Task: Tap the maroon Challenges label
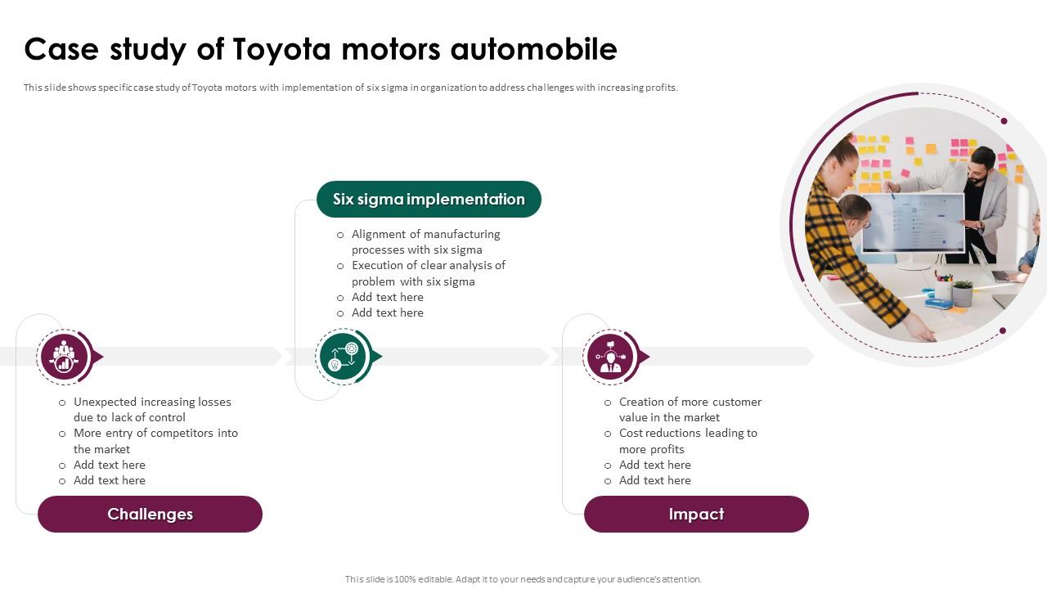click(x=150, y=514)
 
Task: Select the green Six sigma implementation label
click(x=429, y=200)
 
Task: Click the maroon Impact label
click(x=696, y=514)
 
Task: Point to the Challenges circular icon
click(x=64, y=357)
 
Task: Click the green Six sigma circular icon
click(x=343, y=357)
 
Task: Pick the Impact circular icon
click(x=611, y=357)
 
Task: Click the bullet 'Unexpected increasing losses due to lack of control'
click(x=152, y=410)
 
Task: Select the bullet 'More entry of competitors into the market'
click(x=155, y=441)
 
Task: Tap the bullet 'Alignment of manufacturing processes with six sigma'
click(x=425, y=242)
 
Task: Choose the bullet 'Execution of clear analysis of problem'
click(x=428, y=273)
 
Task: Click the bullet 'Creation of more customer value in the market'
click(x=690, y=410)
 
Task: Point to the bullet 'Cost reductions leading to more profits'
click(x=688, y=441)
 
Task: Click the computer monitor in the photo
click(x=912, y=223)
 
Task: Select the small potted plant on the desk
click(x=963, y=292)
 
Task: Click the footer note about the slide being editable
click(x=523, y=579)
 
